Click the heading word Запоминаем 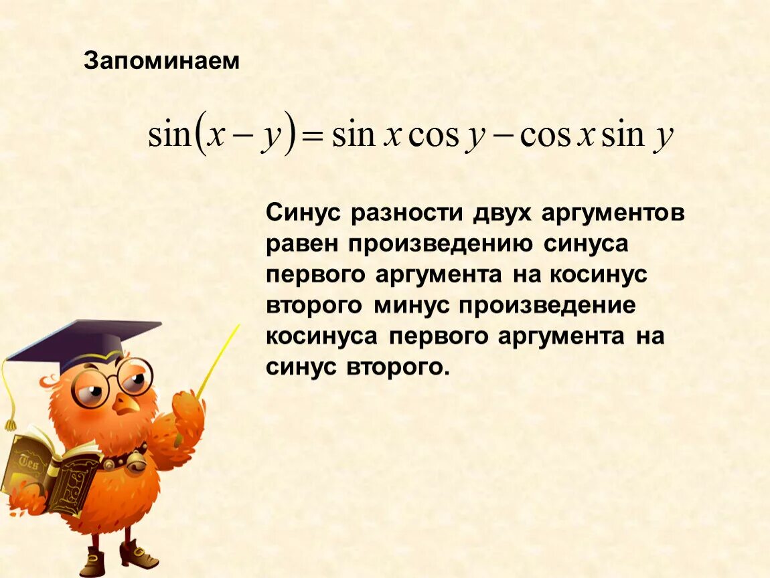[161, 61]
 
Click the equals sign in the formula [313, 137]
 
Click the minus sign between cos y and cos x [502, 137]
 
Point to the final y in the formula [664, 138]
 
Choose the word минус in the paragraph [411, 306]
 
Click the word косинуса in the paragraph [322, 336]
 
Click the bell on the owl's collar [137, 460]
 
